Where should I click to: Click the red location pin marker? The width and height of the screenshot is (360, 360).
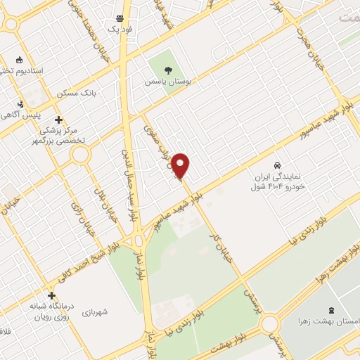(x=181, y=165)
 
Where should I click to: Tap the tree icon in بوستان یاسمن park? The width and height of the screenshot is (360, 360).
(x=168, y=70)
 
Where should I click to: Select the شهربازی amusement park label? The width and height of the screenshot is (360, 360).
(x=94, y=311)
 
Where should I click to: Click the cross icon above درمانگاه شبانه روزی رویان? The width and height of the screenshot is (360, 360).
(x=51, y=295)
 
